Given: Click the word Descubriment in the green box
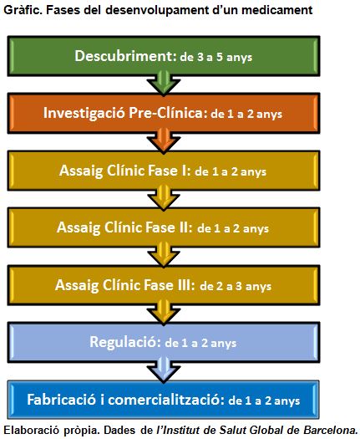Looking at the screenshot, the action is [124, 56].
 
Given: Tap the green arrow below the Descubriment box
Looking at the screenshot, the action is [164, 83].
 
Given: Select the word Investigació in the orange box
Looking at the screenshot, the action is [84, 114].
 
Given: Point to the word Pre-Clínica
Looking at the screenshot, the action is [165, 113].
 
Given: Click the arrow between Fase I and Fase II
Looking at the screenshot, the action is [164, 197].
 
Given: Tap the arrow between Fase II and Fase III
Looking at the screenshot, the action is [164, 255].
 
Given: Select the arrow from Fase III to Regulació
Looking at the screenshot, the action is [164, 312].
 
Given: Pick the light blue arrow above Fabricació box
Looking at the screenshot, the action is [164, 370].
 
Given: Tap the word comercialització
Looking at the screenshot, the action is [166, 400].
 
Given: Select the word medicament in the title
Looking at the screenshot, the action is [277, 10].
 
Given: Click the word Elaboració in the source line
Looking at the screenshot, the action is [32, 430].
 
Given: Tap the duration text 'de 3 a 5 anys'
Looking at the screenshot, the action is [216, 57].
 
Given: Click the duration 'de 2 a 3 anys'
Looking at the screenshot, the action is [236, 286].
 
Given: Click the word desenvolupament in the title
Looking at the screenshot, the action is [157, 11].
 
